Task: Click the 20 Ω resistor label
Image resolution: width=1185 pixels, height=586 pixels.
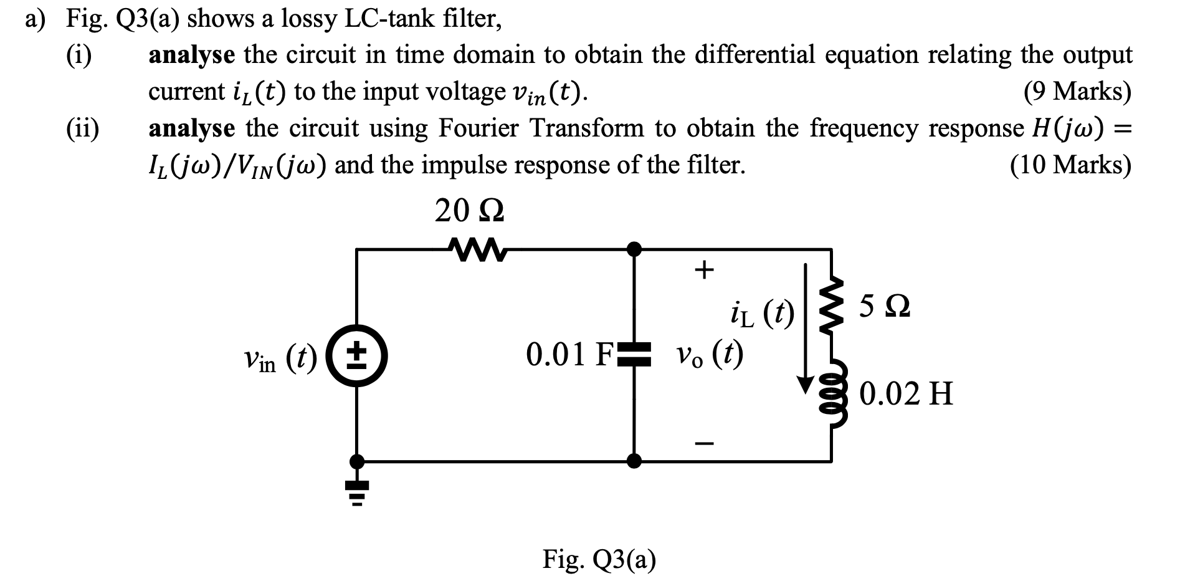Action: [x=470, y=212]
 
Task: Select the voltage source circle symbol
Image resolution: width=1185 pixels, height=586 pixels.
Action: [x=357, y=357]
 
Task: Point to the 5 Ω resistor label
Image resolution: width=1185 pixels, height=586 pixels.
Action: [x=884, y=307]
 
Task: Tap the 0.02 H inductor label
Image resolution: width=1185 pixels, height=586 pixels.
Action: [x=906, y=394]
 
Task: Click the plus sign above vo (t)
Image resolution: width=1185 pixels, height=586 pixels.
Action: [x=703, y=270]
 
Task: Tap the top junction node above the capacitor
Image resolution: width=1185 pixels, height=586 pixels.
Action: [x=634, y=249]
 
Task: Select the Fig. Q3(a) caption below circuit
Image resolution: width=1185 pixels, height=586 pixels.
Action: [x=599, y=559]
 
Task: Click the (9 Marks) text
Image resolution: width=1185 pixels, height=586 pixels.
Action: [x=1077, y=92]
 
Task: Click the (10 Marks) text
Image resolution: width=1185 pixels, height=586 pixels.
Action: [x=1070, y=165]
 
